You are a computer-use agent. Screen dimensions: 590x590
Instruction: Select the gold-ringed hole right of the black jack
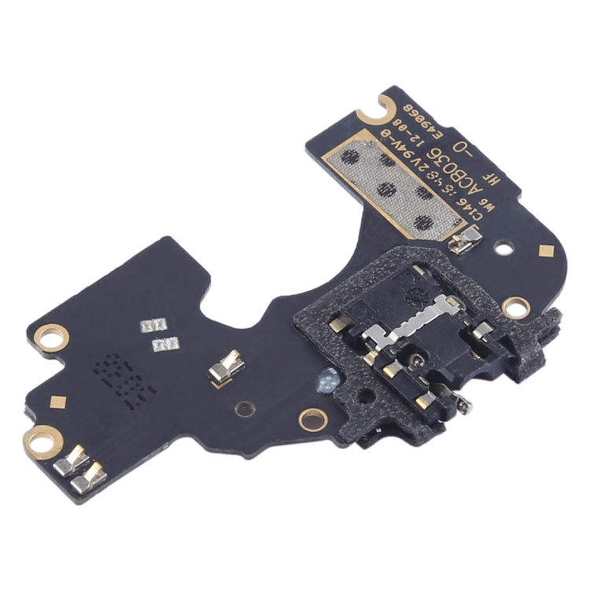coord(515,305)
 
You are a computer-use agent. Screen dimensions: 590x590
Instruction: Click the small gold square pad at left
coord(57,402)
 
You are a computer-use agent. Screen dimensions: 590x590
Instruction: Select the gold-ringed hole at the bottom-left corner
coord(42,439)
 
